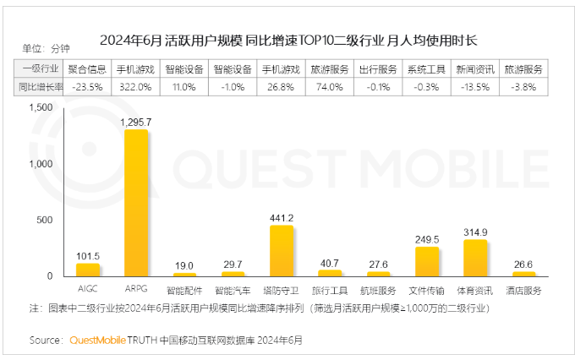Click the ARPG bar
pos(135,203)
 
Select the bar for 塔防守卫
pos(281,250)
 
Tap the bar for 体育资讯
pos(475,258)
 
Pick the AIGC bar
pos(87,270)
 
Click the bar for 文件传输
pos(427,261)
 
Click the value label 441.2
pos(281,217)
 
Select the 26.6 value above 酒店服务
pos(523,264)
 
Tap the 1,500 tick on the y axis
pos(41,108)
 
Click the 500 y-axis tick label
pos(45,220)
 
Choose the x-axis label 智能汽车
pos(233,289)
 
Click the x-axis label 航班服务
pos(378,289)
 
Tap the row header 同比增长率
pos(39,86)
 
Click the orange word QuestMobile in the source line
pos(97,341)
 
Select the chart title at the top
pos(287,39)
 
